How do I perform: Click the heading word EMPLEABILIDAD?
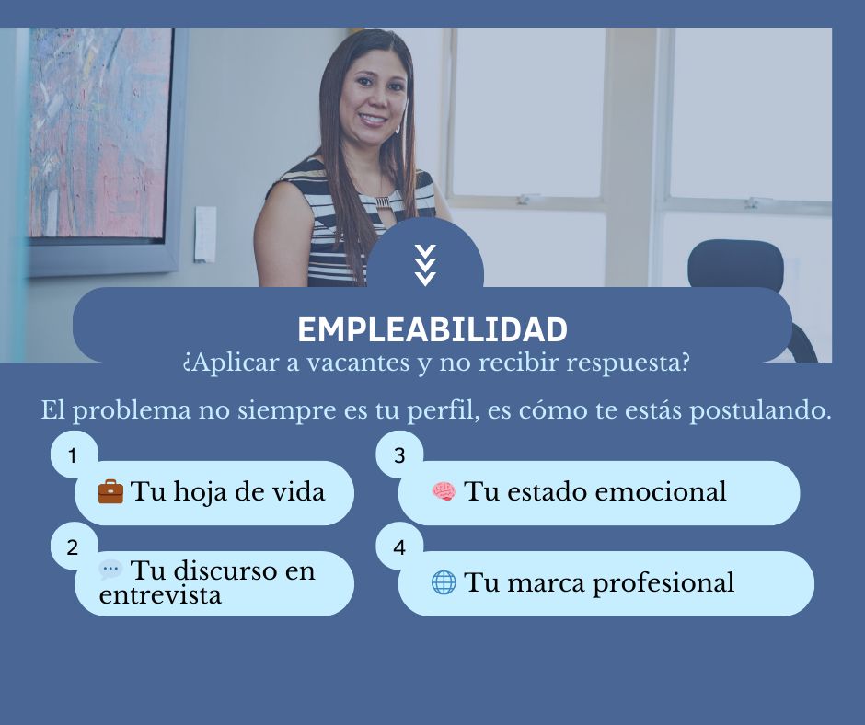coord(432,329)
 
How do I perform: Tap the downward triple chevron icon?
coord(425,265)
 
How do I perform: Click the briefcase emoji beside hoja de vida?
coord(110,492)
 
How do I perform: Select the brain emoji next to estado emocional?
coord(444,492)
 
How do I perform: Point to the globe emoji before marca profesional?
coord(444,582)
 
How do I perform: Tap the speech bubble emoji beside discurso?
coord(110,570)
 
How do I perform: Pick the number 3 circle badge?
coord(399,455)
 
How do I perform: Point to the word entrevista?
coord(160,595)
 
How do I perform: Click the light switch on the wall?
coord(205,234)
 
